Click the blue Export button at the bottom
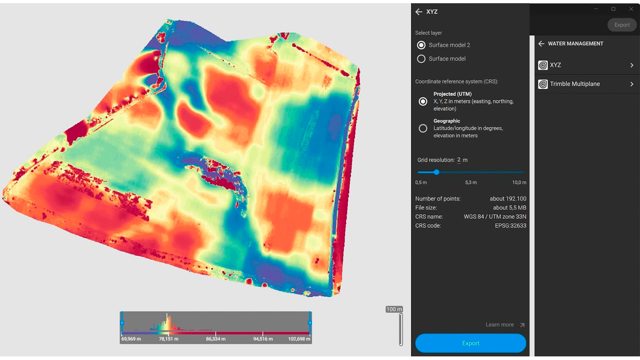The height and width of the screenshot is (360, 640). [470, 343]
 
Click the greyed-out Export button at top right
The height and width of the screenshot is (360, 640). [622, 25]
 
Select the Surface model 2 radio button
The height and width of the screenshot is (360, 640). [421, 45]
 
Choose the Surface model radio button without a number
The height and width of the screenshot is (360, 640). [421, 59]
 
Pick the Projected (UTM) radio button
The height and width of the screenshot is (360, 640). [423, 101]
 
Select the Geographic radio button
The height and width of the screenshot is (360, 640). [423, 128]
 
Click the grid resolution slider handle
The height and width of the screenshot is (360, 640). [436, 172]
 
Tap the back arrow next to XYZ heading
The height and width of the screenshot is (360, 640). [419, 12]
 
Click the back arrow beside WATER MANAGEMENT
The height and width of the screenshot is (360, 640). [541, 44]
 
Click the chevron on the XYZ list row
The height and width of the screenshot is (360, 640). [632, 65]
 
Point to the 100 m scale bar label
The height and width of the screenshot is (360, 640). [394, 309]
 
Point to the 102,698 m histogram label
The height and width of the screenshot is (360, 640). [299, 339]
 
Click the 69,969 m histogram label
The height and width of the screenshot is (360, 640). [131, 339]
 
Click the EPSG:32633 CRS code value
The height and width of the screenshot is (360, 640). [510, 226]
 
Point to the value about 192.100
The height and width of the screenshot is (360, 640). [508, 199]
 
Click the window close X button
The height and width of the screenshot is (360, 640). [631, 9]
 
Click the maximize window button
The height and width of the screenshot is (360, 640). [613, 9]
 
